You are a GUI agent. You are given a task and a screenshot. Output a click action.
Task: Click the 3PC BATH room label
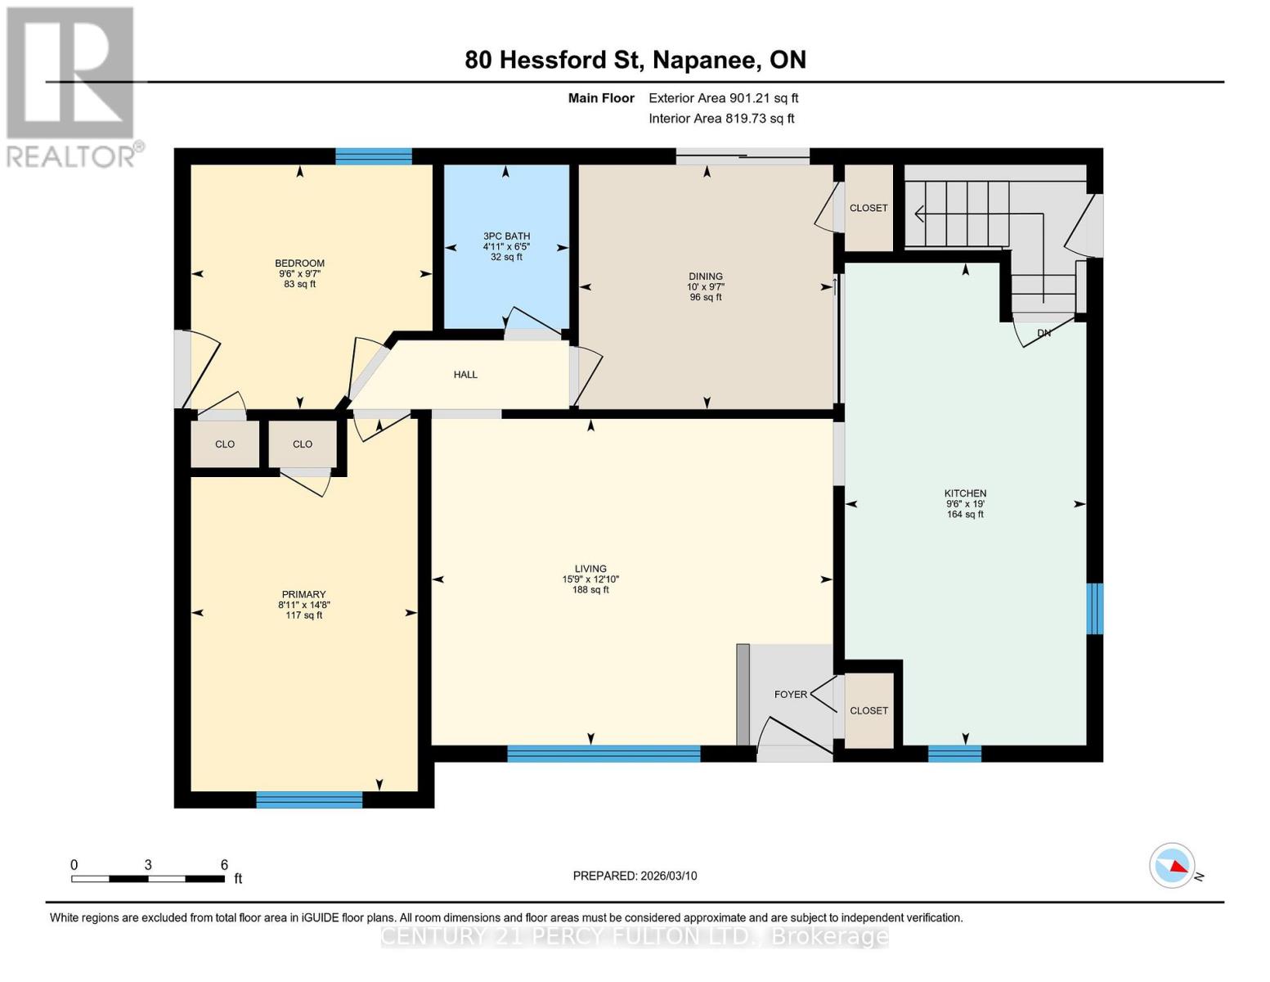point(506,236)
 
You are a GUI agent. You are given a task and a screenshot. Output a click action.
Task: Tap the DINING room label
point(706,277)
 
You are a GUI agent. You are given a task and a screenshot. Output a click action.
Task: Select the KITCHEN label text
point(965,493)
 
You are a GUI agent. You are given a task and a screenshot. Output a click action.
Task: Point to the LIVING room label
point(590,569)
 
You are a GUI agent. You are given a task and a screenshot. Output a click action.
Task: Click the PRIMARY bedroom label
point(303,595)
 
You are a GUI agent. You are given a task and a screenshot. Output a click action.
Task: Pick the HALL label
point(465,375)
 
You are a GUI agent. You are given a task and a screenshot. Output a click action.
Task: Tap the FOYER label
point(790,695)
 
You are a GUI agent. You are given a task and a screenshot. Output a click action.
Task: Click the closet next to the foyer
point(868,710)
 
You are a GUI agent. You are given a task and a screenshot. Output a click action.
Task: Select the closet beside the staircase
point(868,208)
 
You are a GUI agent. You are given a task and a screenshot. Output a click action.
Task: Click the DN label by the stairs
point(1043,333)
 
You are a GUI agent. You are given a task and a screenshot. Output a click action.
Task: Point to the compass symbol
point(1172,865)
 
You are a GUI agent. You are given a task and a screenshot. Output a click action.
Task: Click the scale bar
point(148,879)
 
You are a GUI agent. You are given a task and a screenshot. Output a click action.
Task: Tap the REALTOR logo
point(71,86)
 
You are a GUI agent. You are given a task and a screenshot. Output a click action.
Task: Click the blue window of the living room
point(604,754)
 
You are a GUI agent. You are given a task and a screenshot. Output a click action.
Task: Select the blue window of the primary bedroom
point(309,800)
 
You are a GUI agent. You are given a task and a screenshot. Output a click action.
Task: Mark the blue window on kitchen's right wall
point(1094,608)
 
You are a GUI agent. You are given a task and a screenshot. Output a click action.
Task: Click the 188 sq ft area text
point(590,590)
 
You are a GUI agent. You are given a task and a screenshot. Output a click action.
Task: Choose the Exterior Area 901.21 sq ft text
point(723,98)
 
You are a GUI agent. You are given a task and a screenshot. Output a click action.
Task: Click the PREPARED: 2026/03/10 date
point(635,876)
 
